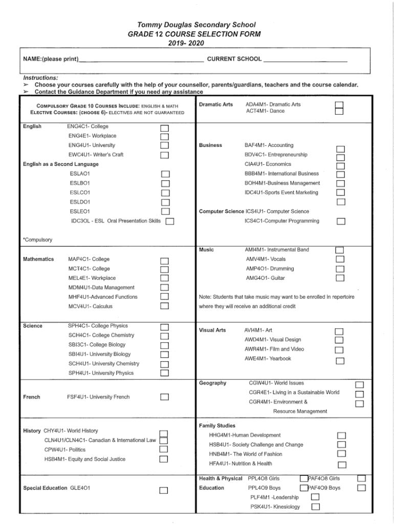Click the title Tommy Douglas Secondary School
197,24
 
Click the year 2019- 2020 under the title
197,43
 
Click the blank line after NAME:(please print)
141,59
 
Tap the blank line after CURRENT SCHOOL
305,59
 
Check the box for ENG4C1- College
164,127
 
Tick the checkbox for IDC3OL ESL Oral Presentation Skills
170,222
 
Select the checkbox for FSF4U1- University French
164,397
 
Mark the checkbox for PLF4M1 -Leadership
316,497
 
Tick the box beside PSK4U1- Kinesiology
316,507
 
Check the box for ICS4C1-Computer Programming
341,222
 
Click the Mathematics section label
38,259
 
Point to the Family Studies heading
217,426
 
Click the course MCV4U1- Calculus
90,307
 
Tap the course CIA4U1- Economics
268,164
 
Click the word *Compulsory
37,239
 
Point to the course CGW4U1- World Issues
276,383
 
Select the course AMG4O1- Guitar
265,278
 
